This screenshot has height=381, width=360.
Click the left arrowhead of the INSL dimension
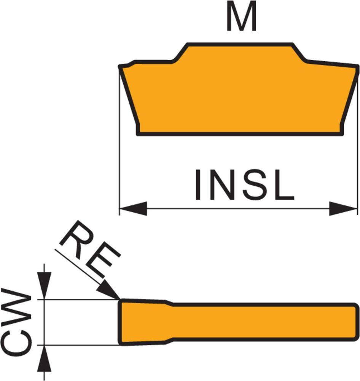click(133, 208)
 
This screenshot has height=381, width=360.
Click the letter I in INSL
click(198, 186)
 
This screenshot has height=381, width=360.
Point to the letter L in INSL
click(284, 186)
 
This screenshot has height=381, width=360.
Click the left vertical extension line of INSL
click(119, 152)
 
